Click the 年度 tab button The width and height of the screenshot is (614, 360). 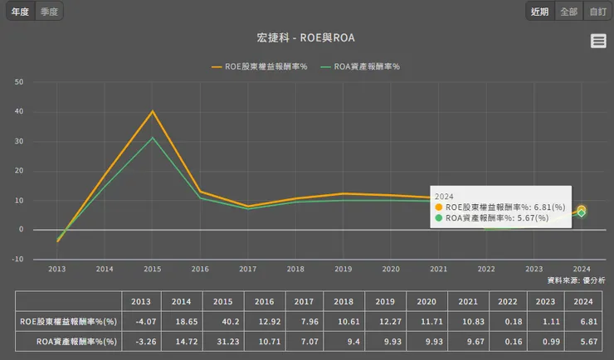pyautogui.click(x=20, y=12)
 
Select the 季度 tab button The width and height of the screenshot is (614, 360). pyautogui.click(x=49, y=12)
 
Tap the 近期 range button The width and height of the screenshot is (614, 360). pyautogui.click(x=539, y=12)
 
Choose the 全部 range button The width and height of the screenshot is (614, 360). pyautogui.click(x=568, y=12)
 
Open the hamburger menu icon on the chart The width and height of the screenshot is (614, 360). pyautogui.click(x=598, y=41)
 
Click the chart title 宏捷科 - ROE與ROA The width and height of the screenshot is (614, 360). pyautogui.click(x=306, y=39)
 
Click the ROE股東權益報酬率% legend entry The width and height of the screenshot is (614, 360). pyautogui.click(x=260, y=66)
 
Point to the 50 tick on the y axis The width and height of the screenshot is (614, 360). pyautogui.click(x=18, y=82)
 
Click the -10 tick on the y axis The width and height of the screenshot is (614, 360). pyautogui.click(x=17, y=259)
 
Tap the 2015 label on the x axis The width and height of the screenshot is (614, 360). pyautogui.click(x=153, y=270)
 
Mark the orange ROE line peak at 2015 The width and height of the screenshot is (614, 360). pyautogui.click(x=153, y=111)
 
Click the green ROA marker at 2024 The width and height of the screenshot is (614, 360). pyautogui.click(x=582, y=213)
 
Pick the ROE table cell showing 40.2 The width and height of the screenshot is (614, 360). pyautogui.click(x=222, y=320)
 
